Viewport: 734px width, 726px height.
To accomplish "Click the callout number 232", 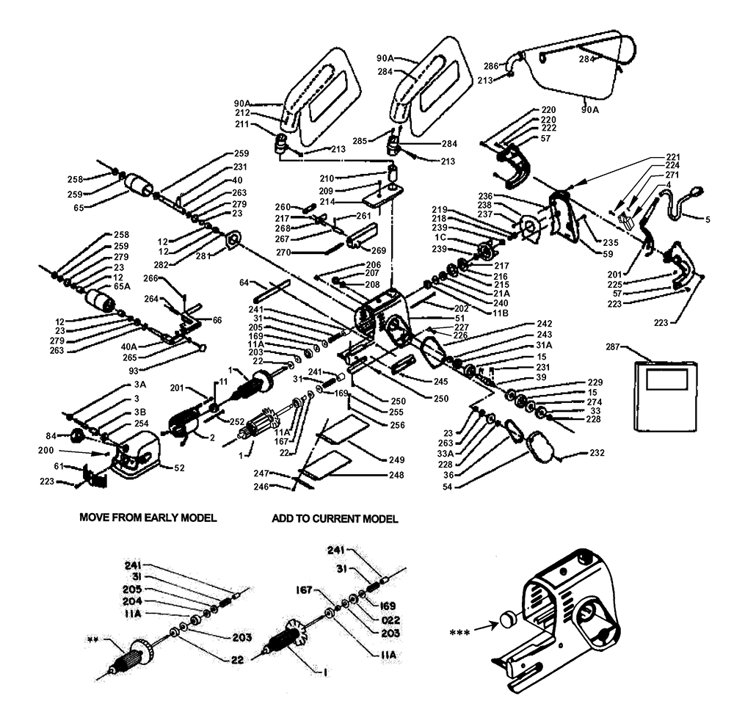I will (597, 454).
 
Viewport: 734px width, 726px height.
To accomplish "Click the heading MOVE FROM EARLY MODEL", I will (148, 518).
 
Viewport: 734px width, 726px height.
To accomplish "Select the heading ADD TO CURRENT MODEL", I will (335, 519).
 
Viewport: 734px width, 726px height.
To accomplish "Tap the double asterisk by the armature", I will (92, 639).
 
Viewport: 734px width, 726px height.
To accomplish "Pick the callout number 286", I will (493, 65).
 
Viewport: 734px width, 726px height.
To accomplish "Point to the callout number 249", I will (396, 460).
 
